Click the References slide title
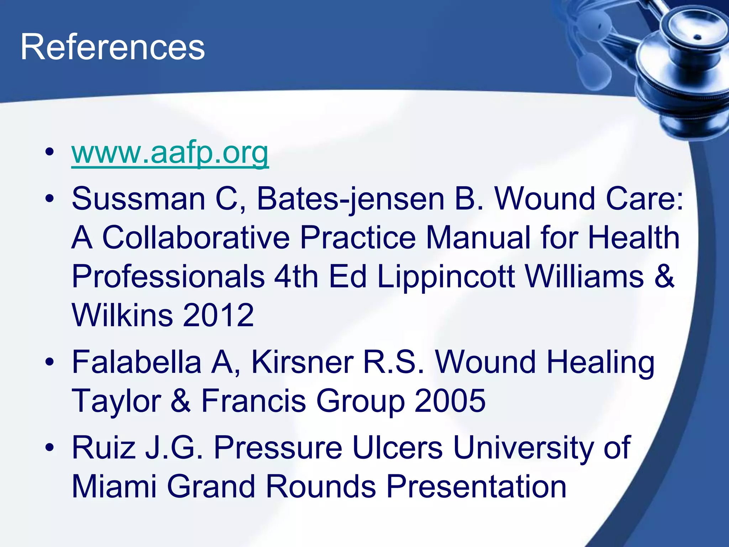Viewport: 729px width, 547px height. click(x=112, y=47)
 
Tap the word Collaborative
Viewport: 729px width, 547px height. click(x=196, y=238)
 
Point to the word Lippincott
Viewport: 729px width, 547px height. click(x=446, y=277)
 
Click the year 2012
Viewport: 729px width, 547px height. click(x=218, y=315)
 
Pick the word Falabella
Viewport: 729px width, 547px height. click(x=137, y=362)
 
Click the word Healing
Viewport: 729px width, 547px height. click(x=600, y=363)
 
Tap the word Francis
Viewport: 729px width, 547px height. click(x=254, y=401)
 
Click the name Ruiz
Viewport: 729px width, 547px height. click(x=104, y=448)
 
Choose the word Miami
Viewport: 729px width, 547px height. click(x=114, y=486)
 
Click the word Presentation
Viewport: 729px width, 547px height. click(x=476, y=486)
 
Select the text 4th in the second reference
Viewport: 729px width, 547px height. click(x=296, y=277)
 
